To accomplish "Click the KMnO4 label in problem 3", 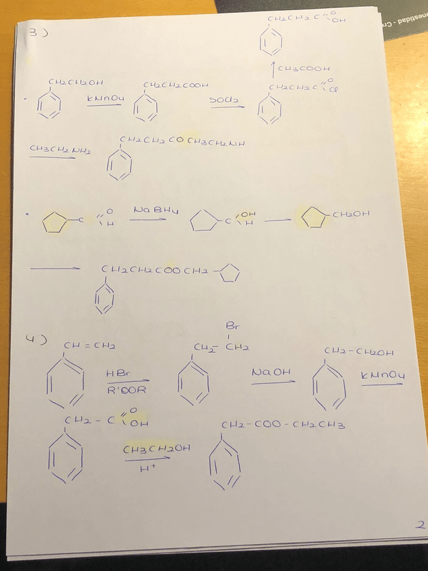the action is pos(105,99).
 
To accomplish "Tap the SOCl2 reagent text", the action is pos(221,99).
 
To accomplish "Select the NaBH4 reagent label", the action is pos(149,210).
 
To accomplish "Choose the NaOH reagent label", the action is pos(271,372).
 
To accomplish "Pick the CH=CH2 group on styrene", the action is pos(90,345).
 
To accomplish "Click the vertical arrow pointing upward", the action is pos(272,68).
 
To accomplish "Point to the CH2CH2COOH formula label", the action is pos(176,86).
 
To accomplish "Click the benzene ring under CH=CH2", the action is pos(65,386).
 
